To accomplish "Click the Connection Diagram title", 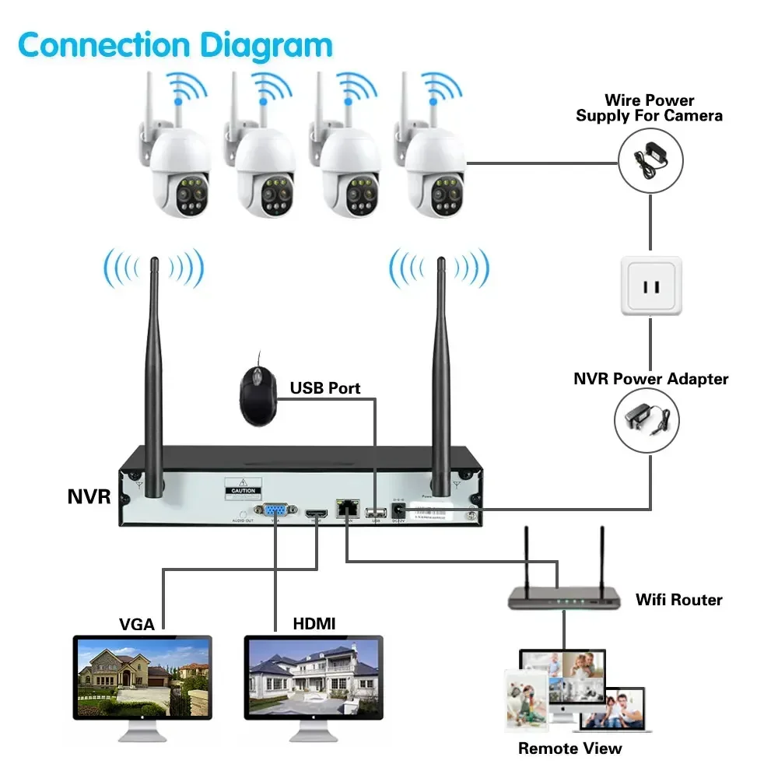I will (175, 45).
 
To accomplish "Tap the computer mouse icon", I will (256, 395).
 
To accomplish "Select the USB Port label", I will (325, 387).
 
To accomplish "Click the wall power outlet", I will (650, 286).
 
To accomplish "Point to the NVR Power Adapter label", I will (650, 380).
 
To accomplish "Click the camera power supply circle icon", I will (650, 162).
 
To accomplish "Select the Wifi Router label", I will (678, 600).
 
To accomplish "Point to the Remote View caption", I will (570, 748).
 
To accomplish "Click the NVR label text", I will (89, 496).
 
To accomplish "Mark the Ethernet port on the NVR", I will (345, 509).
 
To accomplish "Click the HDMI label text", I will (314, 624).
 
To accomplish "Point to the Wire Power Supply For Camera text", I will (649, 108).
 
